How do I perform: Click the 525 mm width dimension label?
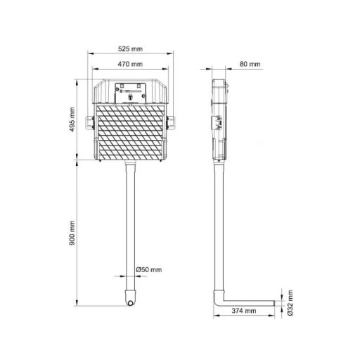[x=130, y=49]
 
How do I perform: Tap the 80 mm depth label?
[x=250, y=64]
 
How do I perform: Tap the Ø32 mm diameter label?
[x=290, y=302]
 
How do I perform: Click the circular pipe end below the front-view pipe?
[x=130, y=303]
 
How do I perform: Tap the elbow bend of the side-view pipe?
[x=218, y=300]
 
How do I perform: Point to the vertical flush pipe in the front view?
[x=130, y=225]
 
